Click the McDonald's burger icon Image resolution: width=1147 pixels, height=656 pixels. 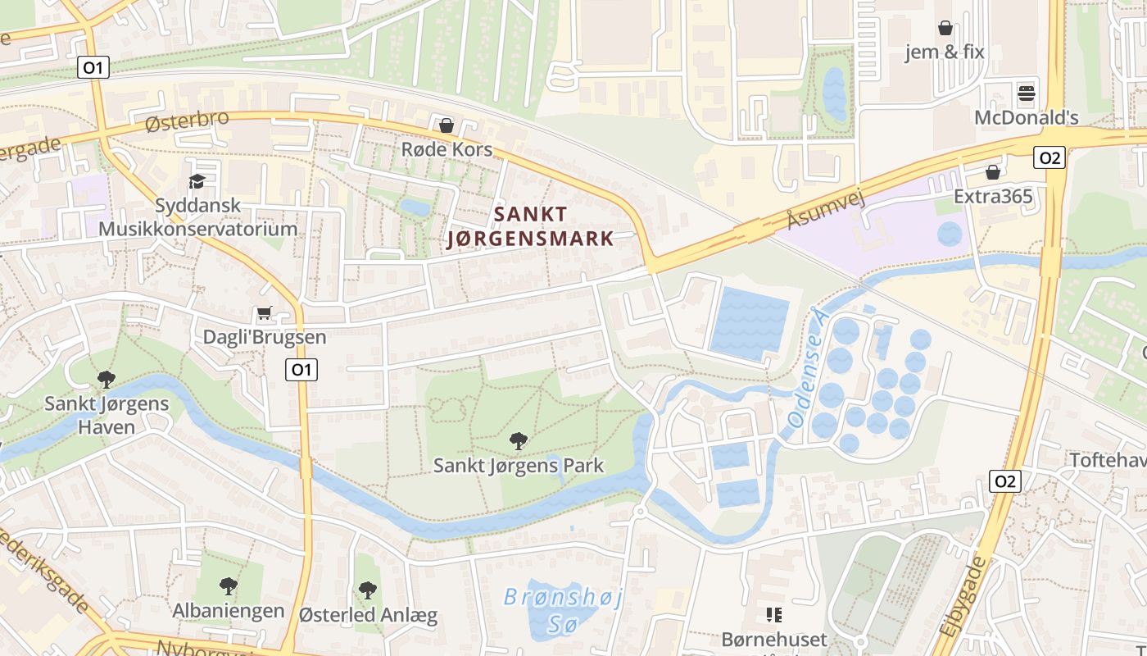1026,93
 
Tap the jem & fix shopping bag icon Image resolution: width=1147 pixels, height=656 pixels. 945,28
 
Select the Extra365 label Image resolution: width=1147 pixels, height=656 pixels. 993,197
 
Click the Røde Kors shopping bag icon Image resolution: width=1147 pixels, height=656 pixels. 447,125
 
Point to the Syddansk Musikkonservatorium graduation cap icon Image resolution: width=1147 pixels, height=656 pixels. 197,181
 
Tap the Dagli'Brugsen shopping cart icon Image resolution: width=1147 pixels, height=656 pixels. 264,313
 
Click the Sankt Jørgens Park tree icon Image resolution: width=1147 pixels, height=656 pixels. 518,441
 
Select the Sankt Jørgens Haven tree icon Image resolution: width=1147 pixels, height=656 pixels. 106,379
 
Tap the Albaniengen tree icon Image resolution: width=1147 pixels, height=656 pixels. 229,586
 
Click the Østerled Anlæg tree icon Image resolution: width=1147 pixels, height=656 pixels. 368,590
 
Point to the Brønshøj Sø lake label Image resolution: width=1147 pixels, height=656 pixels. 563,611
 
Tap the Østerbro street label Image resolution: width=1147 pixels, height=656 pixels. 187,121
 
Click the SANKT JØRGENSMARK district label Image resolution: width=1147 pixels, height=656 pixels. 531,226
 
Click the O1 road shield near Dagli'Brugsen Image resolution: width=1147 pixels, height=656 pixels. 301,370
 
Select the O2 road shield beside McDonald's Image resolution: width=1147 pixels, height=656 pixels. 1049,157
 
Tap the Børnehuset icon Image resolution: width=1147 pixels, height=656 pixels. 773,614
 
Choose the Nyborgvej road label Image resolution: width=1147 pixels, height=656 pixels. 201,648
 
